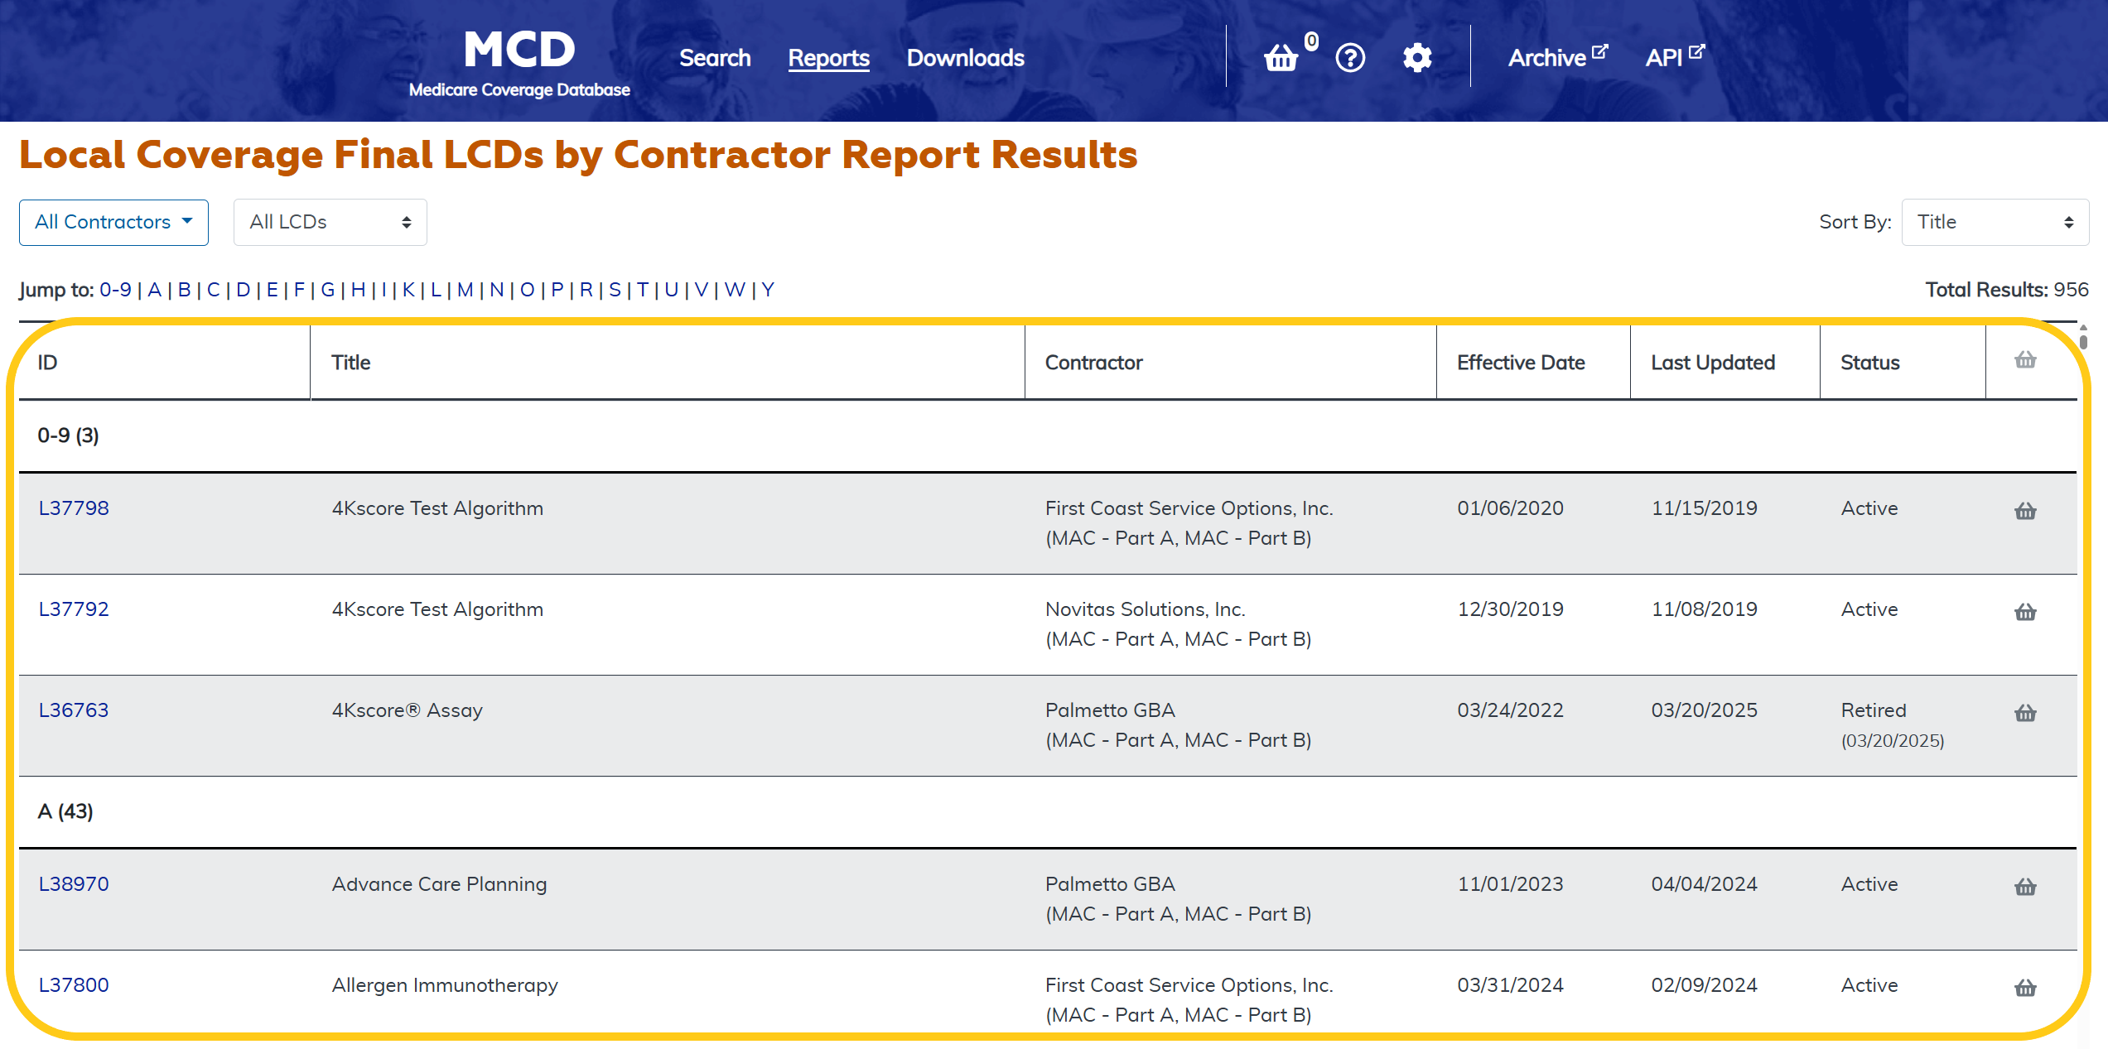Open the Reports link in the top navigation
[828, 58]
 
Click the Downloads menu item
[965, 58]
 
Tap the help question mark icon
[1350, 58]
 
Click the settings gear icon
[1417, 58]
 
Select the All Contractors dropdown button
[113, 222]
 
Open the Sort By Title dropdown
[1995, 222]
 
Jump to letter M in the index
[465, 290]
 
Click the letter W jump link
[734, 290]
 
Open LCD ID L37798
[74, 508]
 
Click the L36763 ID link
[74, 710]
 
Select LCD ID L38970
[74, 884]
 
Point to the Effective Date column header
[1521, 363]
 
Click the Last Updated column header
[1713, 363]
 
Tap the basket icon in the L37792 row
[2025, 612]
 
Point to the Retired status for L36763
[1874, 710]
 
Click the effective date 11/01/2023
[1510, 884]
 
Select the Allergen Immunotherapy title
[445, 985]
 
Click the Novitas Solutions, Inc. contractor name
[1145, 609]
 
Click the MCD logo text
[519, 50]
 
